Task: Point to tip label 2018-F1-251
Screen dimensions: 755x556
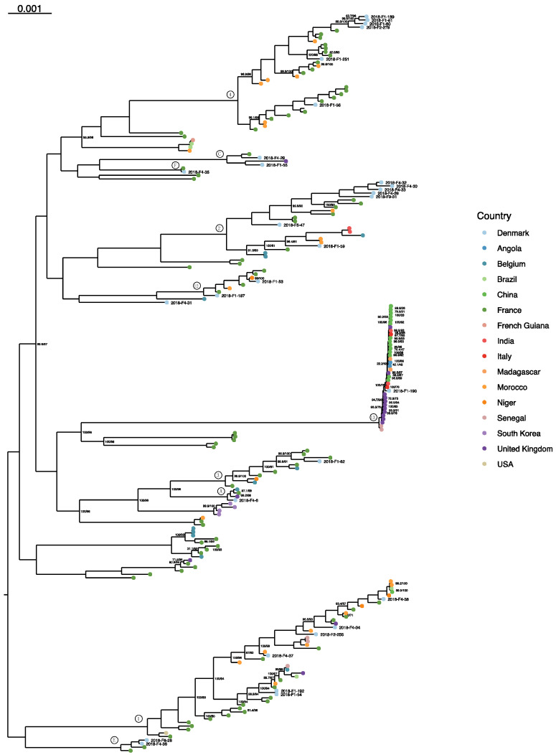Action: coord(339,59)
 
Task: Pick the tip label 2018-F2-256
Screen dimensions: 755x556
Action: coord(333,634)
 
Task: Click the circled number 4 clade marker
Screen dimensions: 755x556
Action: coord(230,94)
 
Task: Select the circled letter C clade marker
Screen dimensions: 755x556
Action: coord(221,154)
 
